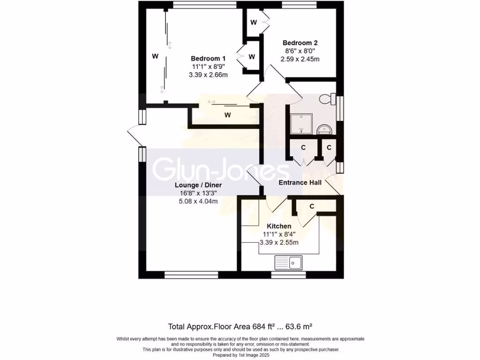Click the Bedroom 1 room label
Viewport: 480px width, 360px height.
[209, 58]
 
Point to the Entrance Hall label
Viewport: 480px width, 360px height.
[300, 182]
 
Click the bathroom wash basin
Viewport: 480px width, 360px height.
[323, 128]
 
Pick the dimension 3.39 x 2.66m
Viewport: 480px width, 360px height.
[209, 75]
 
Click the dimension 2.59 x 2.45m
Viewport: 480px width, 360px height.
[300, 59]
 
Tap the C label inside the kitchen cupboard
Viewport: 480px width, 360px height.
[312, 206]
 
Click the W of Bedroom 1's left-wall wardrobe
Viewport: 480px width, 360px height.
[155, 56]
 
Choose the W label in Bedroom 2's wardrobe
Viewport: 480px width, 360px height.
[253, 22]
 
